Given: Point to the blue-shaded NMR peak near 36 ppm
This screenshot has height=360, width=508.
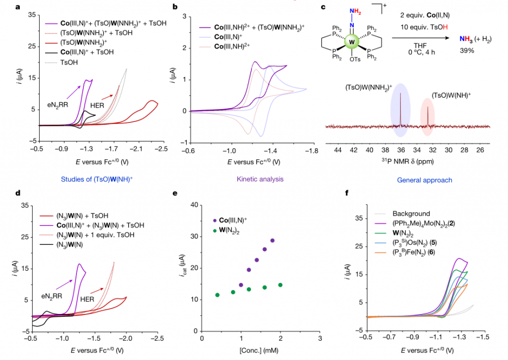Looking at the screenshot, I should click(400, 107).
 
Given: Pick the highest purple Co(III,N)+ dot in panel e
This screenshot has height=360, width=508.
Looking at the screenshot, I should click(272, 240).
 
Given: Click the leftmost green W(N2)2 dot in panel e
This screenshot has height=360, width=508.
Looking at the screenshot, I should click(217, 295).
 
